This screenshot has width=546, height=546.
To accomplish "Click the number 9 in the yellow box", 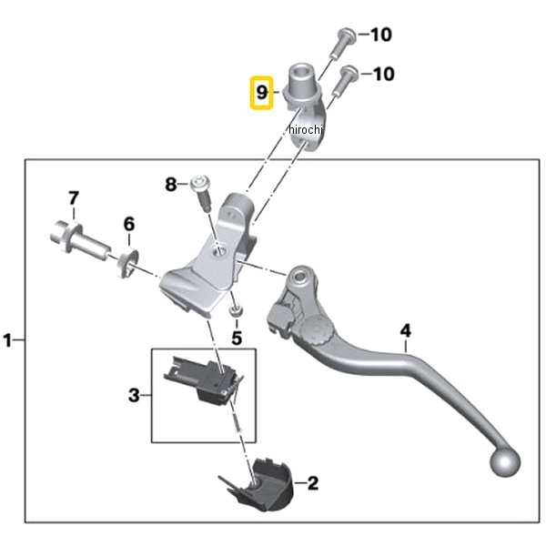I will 261,93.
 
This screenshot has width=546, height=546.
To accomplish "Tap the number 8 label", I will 170,185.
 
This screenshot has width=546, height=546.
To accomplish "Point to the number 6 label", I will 129,223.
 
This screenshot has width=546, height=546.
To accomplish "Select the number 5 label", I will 237,338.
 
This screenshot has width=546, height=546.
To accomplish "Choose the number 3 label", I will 133,395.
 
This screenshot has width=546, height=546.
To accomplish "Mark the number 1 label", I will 8,341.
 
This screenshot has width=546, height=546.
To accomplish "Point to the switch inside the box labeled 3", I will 205,377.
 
